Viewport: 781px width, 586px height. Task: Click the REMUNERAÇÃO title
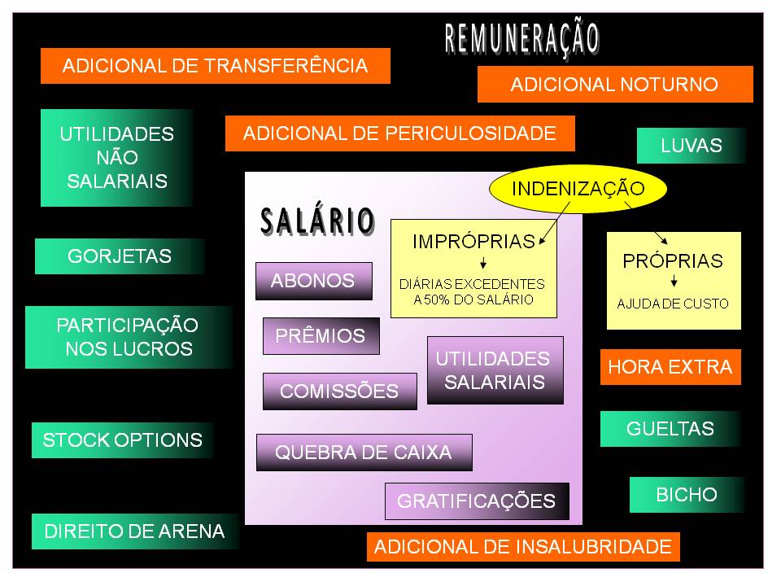click(x=521, y=38)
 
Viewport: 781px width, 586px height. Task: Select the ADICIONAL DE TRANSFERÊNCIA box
click(x=216, y=66)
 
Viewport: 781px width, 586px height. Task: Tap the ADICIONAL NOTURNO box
click(x=614, y=85)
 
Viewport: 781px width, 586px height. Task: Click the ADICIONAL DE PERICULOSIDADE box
click(x=399, y=133)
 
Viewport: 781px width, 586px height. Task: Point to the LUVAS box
click(x=691, y=146)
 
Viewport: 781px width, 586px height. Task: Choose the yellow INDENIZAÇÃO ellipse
click(x=578, y=189)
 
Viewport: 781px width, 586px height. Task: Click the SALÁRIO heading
click(x=317, y=221)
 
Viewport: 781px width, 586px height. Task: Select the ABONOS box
click(x=313, y=281)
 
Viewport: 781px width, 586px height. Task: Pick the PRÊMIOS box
click(x=321, y=335)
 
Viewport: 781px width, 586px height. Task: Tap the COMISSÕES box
click(x=339, y=391)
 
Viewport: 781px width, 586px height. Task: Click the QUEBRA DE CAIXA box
click(x=364, y=453)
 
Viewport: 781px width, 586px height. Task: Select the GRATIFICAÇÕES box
click(x=476, y=501)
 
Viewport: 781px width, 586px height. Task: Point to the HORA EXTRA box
click(x=670, y=367)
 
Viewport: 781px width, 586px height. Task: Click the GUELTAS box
click(x=670, y=429)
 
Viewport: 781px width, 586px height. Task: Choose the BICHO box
click(x=687, y=494)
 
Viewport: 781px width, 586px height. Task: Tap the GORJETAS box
click(x=120, y=256)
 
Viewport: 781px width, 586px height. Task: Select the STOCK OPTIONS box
click(x=123, y=440)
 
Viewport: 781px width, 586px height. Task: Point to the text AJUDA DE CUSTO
click(x=673, y=304)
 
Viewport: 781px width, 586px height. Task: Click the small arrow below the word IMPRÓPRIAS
click(x=483, y=264)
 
